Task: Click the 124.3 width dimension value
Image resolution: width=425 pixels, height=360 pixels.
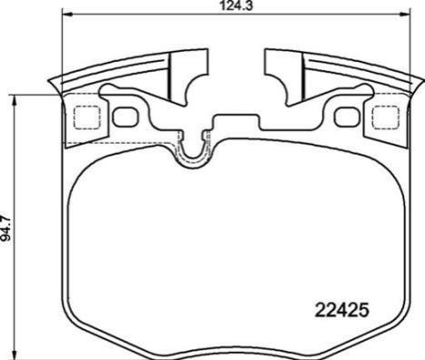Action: (x=237, y=5)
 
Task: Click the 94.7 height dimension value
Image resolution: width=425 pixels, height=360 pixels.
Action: (x=6, y=228)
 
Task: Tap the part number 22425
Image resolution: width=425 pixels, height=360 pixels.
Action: (x=342, y=310)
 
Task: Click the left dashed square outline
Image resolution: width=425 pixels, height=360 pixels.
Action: (x=87, y=117)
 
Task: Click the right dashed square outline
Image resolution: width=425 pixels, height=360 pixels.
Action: (x=386, y=117)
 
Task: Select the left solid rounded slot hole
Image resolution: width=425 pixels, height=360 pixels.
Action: (x=126, y=116)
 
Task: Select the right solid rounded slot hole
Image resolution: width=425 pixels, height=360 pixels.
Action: (x=347, y=116)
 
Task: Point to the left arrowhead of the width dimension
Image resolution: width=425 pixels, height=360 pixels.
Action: (x=67, y=14)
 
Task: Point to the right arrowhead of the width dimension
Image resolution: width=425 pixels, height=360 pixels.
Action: (x=405, y=14)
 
